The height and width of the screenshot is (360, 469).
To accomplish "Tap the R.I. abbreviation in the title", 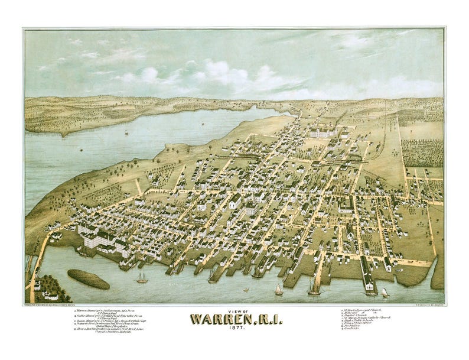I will (x=262, y=320).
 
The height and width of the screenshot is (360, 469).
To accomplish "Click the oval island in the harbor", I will (x=88, y=278).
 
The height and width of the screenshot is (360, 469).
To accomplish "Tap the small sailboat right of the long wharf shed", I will (x=385, y=292).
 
